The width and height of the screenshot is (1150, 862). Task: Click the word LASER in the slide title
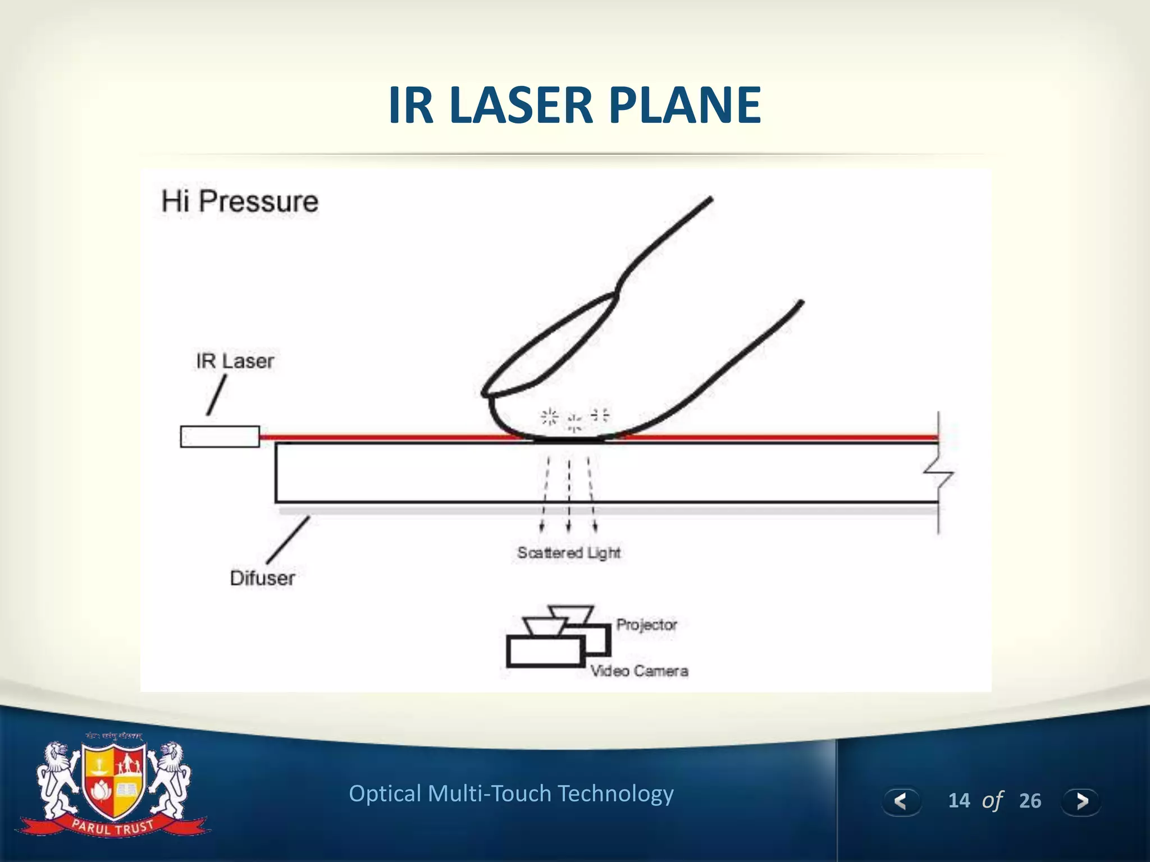click(521, 105)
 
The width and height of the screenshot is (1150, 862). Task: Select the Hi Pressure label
click(240, 201)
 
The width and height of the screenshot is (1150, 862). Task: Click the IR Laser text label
click(235, 361)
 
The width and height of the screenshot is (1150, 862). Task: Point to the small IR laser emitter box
click(220, 437)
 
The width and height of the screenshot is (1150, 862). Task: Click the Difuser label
click(262, 578)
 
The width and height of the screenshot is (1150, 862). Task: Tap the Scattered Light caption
click(569, 553)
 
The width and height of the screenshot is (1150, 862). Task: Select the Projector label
click(646, 625)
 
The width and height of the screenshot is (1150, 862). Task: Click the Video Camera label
click(639, 671)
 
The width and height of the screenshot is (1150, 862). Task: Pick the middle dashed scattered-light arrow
click(569, 494)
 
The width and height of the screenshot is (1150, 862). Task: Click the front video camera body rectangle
click(545, 652)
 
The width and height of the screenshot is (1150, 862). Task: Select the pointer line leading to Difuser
click(288, 539)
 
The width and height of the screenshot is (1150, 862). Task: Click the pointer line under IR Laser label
click(217, 395)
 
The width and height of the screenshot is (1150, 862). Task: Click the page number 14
click(959, 800)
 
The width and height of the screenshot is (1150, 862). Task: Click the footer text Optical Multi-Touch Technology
click(511, 794)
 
